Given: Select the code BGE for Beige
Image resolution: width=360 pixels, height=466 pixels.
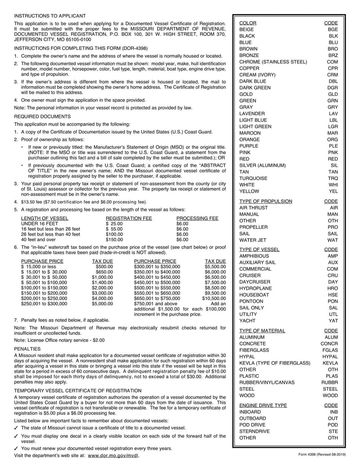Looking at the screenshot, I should [333, 29].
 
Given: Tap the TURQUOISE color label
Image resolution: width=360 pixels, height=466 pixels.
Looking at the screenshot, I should [254, 178].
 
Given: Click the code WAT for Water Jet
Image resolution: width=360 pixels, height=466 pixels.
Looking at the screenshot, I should [332, 240].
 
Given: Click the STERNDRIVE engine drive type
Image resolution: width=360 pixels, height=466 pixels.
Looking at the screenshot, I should [255, 431].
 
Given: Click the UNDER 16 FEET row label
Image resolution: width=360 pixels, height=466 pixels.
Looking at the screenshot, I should [40, 223].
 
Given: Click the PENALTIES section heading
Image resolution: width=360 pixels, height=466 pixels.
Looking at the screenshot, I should [27, 349].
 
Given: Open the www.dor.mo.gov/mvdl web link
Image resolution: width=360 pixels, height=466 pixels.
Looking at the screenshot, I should [113, 456].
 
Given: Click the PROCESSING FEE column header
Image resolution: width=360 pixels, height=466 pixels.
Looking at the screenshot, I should [197, 218].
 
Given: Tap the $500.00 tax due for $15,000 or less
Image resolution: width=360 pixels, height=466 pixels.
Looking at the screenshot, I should [102, 267].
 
